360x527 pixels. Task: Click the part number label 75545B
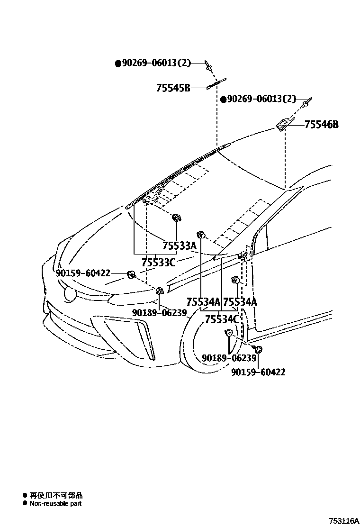(x=173, y=88)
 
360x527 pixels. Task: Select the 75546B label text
(x=322, y=125)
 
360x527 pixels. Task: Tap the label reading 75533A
(x=179, y=246)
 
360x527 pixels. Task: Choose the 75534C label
(x=221, y=319)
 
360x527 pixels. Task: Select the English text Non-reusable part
(x=55, y=503)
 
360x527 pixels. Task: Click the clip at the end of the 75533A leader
(x=177, y=218)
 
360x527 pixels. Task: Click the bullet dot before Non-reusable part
(x=25, y=503)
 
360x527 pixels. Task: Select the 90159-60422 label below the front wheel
(x=258, y=373)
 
